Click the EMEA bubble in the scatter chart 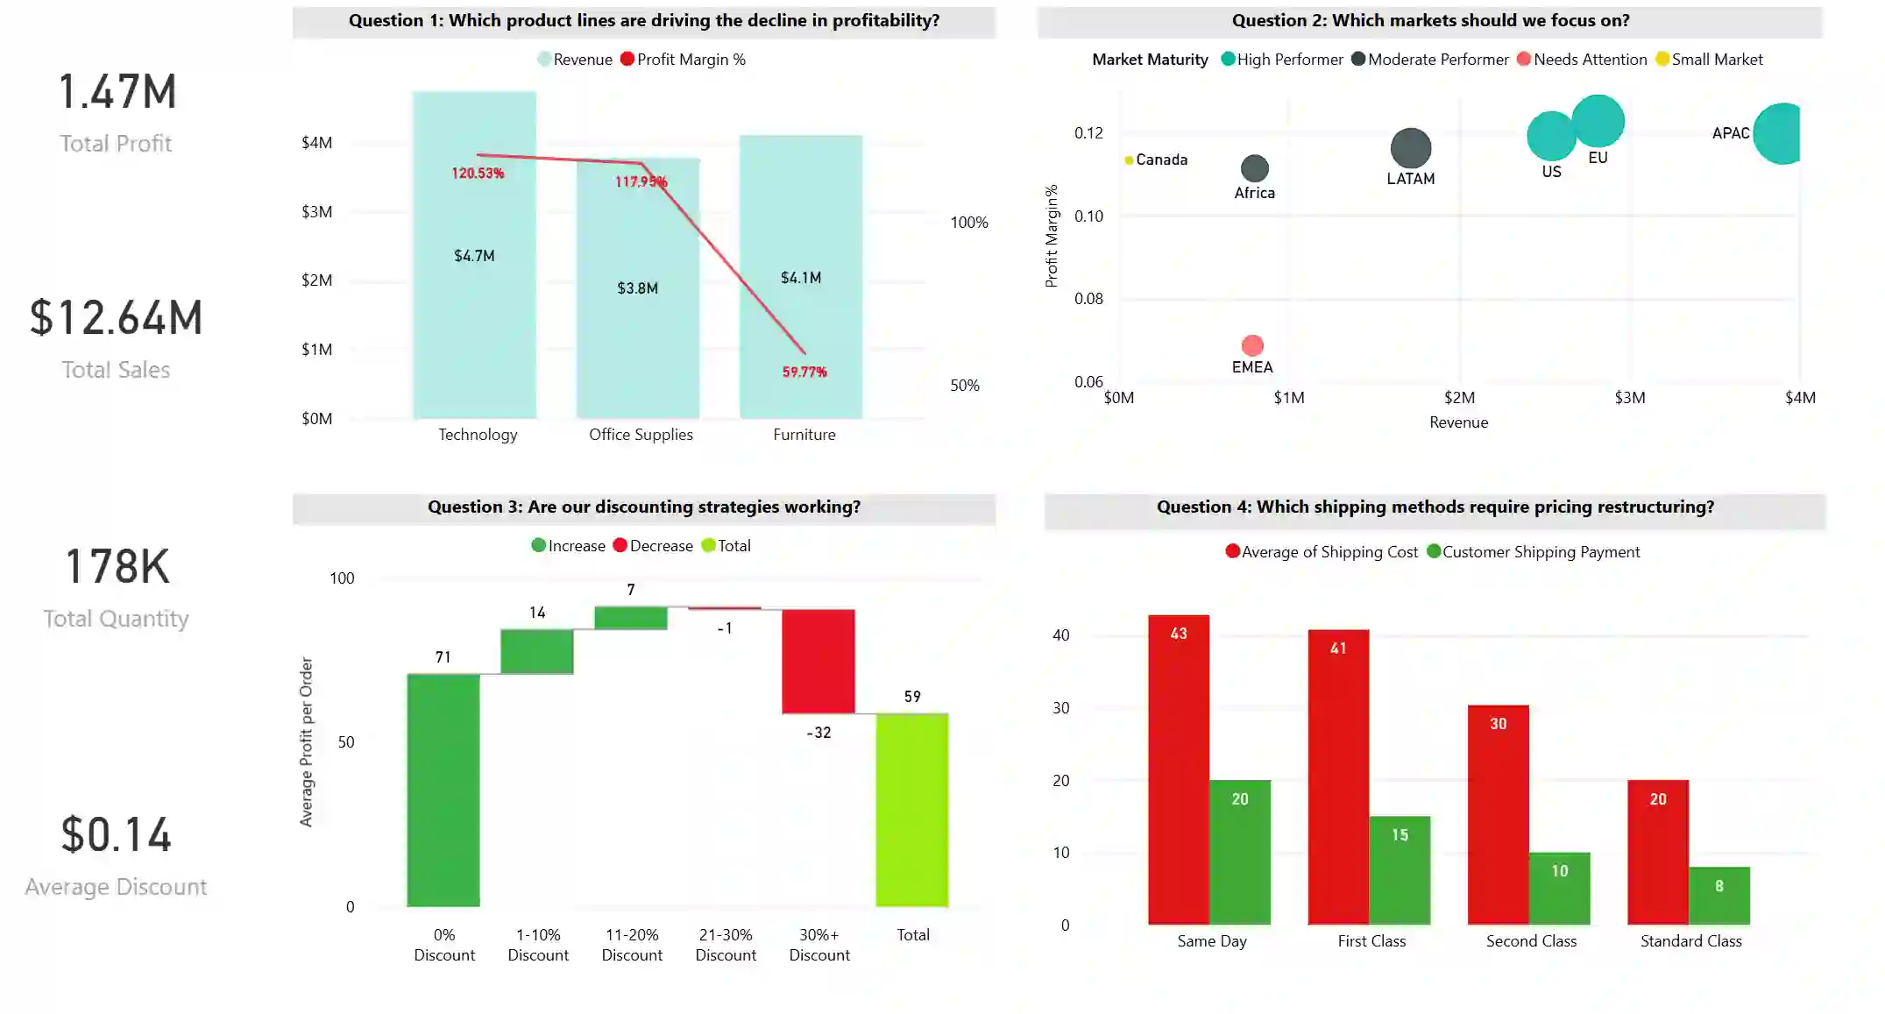[1252, 345]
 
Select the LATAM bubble [1410, 148]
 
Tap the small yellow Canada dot [1129, 160]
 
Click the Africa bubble [1254, 168]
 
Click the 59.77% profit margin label [804, 372]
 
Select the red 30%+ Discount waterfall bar [818, 661]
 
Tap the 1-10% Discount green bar [536, 651]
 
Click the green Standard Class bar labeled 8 [1718, 895]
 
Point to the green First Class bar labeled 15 [1400, 869]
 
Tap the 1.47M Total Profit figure [117, 92]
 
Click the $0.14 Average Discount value [116, 834]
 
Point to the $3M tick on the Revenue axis [1629, 398]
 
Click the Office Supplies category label [641, 435]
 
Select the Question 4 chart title [1435, 507]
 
